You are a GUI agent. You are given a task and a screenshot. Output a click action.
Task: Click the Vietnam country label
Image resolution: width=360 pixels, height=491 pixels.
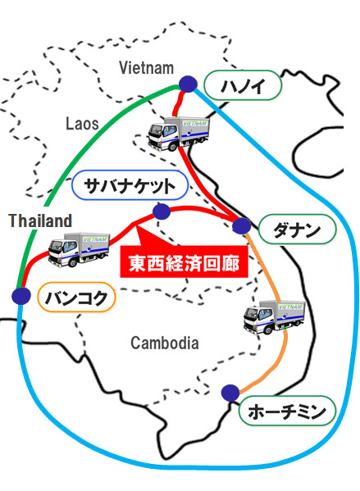(x=146, y=68)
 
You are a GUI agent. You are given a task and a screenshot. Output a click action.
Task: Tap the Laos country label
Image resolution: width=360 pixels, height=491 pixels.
(x=82, y=124)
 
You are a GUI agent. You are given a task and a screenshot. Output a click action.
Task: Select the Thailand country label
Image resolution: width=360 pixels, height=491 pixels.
(x=40, y=220)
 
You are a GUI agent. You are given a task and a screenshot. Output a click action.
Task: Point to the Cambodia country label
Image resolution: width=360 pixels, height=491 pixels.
(x=165, y=343)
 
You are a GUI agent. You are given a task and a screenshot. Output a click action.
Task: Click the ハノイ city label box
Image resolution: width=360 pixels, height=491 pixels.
(x=243, y=85)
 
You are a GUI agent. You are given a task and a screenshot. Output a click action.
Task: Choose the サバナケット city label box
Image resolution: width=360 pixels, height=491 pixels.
(x=130, y=185)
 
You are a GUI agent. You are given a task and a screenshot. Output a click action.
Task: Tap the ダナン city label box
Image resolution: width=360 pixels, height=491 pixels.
(x=297, y=230)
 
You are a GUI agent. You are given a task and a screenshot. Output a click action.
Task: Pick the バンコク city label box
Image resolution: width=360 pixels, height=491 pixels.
(x=76, y=298)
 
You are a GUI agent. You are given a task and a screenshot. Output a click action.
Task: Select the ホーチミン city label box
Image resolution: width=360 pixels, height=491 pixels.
(x=287, y=411)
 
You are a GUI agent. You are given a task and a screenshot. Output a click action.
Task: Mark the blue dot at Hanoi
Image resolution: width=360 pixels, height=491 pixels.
(x=188, y=84)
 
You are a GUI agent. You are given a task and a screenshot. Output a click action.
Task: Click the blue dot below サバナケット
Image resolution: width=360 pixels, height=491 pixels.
(x=162, y=211)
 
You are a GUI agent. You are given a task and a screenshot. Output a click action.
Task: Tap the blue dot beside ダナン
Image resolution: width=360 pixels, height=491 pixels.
(x=242, y=225)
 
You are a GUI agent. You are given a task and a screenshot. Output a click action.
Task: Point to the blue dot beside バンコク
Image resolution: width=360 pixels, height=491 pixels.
(x=21, y=296)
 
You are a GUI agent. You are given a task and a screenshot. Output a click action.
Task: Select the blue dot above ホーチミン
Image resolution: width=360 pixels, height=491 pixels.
(x=230, y=393)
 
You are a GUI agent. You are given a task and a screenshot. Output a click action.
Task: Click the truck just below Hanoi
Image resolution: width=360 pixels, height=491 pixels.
(x=179, y=134)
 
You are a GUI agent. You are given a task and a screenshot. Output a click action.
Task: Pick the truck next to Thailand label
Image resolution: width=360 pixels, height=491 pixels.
(x=79, y=249)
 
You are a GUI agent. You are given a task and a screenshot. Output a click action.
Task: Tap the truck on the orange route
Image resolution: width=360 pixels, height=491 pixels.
(x=275, y=317)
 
